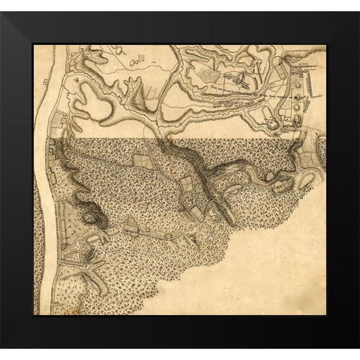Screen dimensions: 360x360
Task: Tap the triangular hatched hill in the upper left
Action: [x=77, y=81]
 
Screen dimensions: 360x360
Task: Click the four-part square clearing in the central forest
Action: [x=187, y=184]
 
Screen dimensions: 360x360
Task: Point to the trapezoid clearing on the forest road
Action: [x=131, y=229]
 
